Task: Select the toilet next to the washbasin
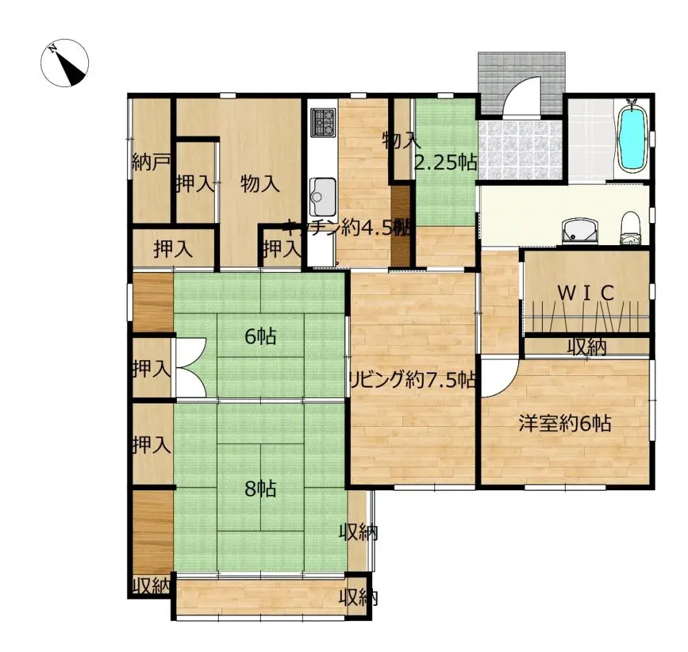pyautogui.click(x=630, y=229)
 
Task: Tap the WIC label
pyautogui.click(x=585, y=293)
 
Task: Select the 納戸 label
pyautogui.click(x=151, y=163)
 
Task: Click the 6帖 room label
pyautogui.click(x=261, y=337)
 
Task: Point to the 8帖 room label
pyautogui.click(x=261, y=489)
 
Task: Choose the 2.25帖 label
pyautogui.click(x=445, y=162)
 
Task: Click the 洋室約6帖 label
pyautogui.click(x=565, y=423)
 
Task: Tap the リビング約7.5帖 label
pyautogui.click(x=412, y=380)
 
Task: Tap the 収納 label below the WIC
pyautogui.click(x=587, y=348)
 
